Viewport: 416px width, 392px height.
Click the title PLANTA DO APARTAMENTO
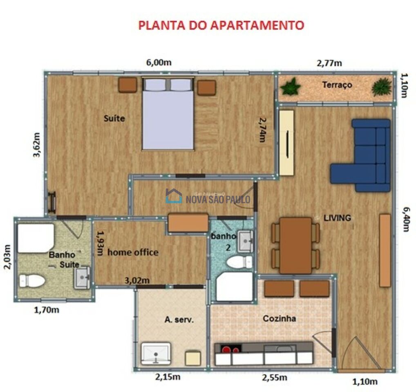click(221, 25)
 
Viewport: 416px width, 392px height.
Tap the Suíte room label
click(114, 119)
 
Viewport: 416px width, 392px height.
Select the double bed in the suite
click(168, 114)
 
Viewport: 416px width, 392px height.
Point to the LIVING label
click(337, 218)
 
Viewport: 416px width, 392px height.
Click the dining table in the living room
click(295, 245)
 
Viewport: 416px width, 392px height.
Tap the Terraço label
click(337, 85)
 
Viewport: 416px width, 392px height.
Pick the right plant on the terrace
click(381, 87)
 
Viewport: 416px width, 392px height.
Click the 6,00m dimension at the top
click(159, 62)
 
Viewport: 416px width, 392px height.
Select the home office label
click(133, 252)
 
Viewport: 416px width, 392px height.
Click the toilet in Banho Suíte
click(32, 281)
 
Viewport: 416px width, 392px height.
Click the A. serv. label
click(177, 320)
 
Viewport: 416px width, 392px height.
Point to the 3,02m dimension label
click(137, 280)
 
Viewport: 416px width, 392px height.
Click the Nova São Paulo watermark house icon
click(174, 196)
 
